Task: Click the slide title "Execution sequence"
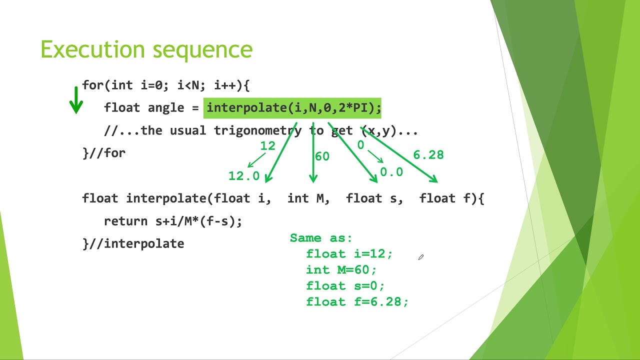146,49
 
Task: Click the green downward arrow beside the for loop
76,100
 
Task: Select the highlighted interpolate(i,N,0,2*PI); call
293,108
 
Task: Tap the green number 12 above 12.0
267,145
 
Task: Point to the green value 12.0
244,176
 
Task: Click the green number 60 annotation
322,156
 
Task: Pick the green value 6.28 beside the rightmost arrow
428,155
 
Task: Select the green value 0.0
391,172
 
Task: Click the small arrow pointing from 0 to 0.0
375,157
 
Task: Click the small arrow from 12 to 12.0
256,160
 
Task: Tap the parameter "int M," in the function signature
308,198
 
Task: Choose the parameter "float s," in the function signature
374,198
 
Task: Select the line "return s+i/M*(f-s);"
173,221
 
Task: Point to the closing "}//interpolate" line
133,243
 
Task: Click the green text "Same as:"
321,238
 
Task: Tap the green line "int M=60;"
341,270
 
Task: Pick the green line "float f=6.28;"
357,302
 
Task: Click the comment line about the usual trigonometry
260,131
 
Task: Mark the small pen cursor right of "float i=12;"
421,257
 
